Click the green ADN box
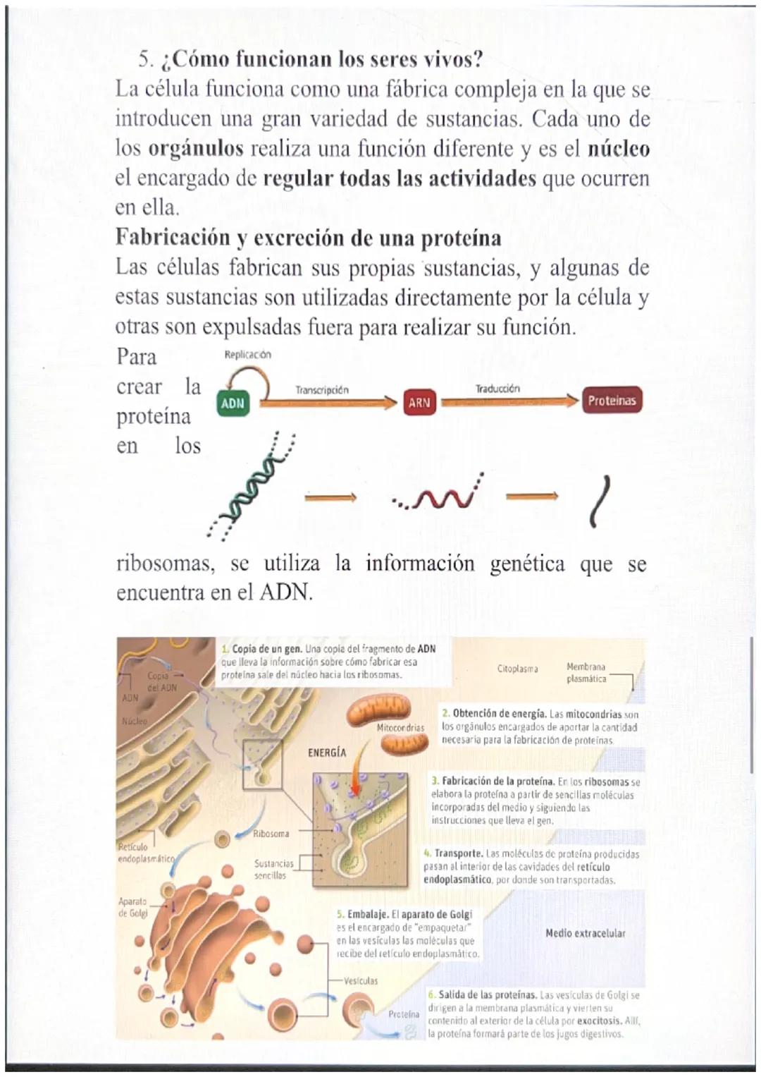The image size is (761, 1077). pyautogui.click(x=233, y=403)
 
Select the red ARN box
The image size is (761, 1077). pyautogui.click(x=419, y=403)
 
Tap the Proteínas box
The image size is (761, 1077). pyautogui.click(x=612, y=401)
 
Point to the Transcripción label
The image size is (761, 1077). pyautogui.click(x=322, y=389)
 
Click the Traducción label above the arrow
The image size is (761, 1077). pyautogui.click(x=497, y=389)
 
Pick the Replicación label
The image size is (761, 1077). pyautogui.click(x=247, y=355)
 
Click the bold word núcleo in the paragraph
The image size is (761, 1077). pyautogui.click(x=618, y=149)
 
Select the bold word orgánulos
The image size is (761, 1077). pyautogui.click(x=196, y=149)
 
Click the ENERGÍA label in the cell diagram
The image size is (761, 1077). pyautogui.click(x=327, y=753)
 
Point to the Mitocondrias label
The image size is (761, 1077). pyautogui.click(x=400, y=727)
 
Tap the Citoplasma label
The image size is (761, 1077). pyautogui.click(x=518, y=669)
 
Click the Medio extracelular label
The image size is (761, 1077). pyautogui.click(x=586, y=933)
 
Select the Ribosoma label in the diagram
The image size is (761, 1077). pyautogui.click(x=271, y=834)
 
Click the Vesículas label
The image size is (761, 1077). pyautogui.click(x=361, y=980)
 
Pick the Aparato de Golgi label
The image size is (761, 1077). pyautogui.click(x=133, y=907)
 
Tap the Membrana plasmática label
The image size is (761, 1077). pyautogui.click(x=586, y=673)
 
